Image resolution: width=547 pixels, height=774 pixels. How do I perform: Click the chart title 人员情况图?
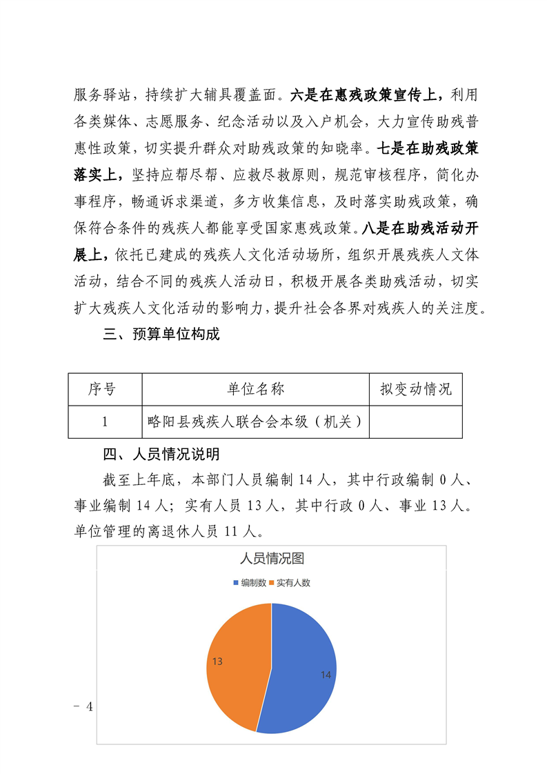click(x=271, y=559)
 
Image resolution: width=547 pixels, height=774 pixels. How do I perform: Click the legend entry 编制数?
click(x=250, y=583)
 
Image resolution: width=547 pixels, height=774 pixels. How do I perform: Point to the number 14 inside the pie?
click(x=326, y=675)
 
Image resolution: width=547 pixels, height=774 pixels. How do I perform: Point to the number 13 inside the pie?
click(x=217, y=662)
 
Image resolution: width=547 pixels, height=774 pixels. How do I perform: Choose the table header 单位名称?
click(x=255, y=390)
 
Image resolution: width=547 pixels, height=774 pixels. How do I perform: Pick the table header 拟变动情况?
click(x=415, y=390)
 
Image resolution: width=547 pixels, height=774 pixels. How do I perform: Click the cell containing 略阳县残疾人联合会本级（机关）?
click(x=255, y=421)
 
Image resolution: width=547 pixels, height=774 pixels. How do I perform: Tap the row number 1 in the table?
click(x=104, y=421)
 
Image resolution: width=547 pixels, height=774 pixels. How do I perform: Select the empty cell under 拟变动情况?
click(x=415, y=421)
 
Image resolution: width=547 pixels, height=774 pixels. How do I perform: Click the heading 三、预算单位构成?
click(x=161, y=335)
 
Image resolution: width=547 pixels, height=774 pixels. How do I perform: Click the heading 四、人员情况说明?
click(x=161, y=455)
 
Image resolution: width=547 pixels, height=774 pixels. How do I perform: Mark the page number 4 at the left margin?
click(x=88, y=707)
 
